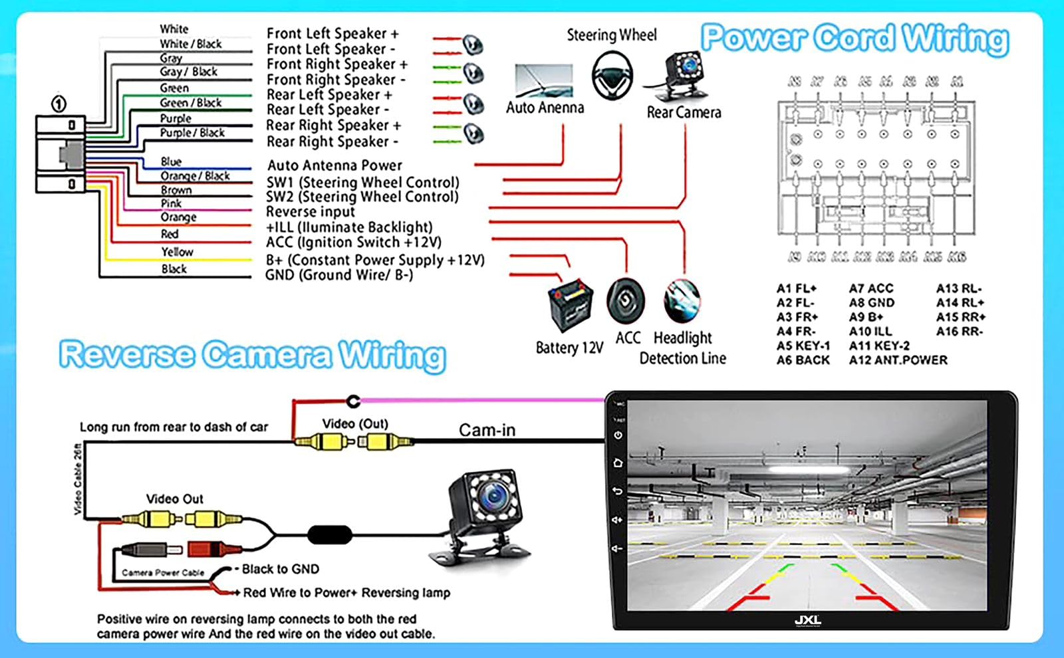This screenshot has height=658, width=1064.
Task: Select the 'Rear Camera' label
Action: tap(684, 113)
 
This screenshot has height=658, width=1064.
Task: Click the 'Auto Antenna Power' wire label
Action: tap(334, 165)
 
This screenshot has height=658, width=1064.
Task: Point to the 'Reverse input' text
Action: tap(310, 212)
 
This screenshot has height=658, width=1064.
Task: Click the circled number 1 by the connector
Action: tap(59, 104)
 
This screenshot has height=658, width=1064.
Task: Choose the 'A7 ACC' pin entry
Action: tap(870, 288)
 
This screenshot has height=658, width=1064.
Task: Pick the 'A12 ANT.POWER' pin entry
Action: tap(898, 360)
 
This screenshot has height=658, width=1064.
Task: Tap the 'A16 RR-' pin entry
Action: tap(959, 332)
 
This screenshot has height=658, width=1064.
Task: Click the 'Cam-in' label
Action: tap(487, 430)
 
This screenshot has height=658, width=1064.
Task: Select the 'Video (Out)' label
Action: tap(354, 424)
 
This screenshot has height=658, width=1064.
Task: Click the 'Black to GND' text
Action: tap(280, 569)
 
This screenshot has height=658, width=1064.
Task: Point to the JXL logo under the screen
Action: tap(807, 621)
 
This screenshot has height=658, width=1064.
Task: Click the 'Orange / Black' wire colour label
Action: tap(195, 176)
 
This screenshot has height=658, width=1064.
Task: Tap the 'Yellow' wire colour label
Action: tap(177, 252)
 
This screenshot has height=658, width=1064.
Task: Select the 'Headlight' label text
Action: tap(682, 338)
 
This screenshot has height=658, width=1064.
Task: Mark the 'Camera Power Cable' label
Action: tap(163, 572)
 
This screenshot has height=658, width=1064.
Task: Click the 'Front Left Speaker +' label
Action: tap(332, 34)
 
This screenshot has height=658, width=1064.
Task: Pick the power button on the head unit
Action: tap(618, 436)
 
